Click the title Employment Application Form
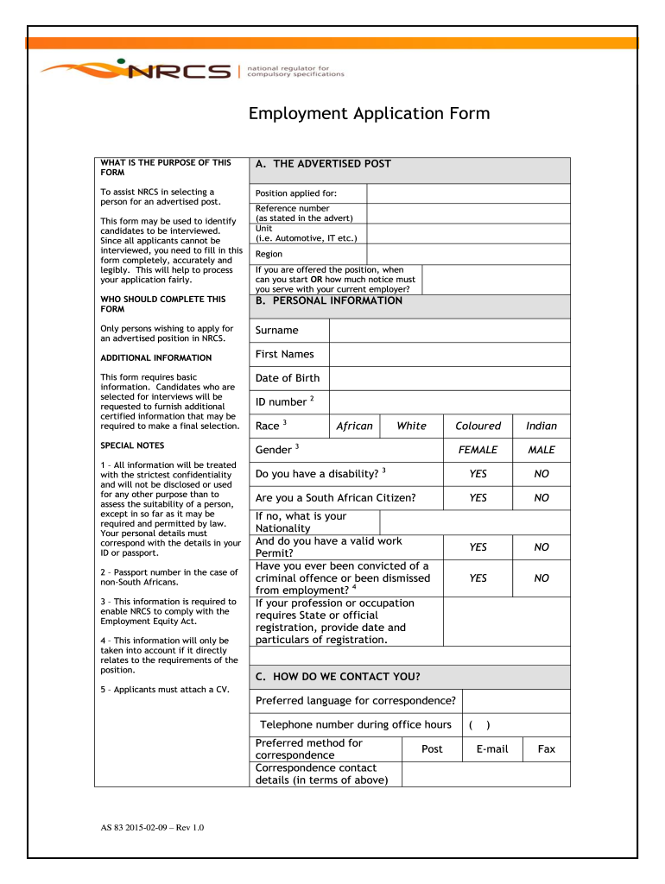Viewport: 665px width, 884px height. tap(369, 114)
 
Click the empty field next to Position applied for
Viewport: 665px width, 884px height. tap(468, 193)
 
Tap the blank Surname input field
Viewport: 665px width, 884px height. tap(449, 331)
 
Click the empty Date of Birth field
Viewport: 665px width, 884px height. tap(449, 378)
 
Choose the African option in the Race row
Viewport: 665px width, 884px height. tap(354, 426)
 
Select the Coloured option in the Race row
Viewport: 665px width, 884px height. tap(478, 426)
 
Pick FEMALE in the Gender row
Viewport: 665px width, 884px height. tap(478, 450)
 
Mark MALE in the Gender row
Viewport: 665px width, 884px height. tap(541, 450)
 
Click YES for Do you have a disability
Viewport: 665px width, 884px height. tap(478, 474)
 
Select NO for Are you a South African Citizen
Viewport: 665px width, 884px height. tap(541, 498)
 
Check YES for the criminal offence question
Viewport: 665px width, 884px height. tap(478, 578)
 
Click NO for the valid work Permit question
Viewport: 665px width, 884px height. tap(541, 547)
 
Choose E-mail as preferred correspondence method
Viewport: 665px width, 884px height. tap(491, 749)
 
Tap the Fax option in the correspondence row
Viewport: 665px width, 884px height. tap(547, 749)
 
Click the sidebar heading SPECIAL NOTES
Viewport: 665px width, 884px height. tap(132, 446)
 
